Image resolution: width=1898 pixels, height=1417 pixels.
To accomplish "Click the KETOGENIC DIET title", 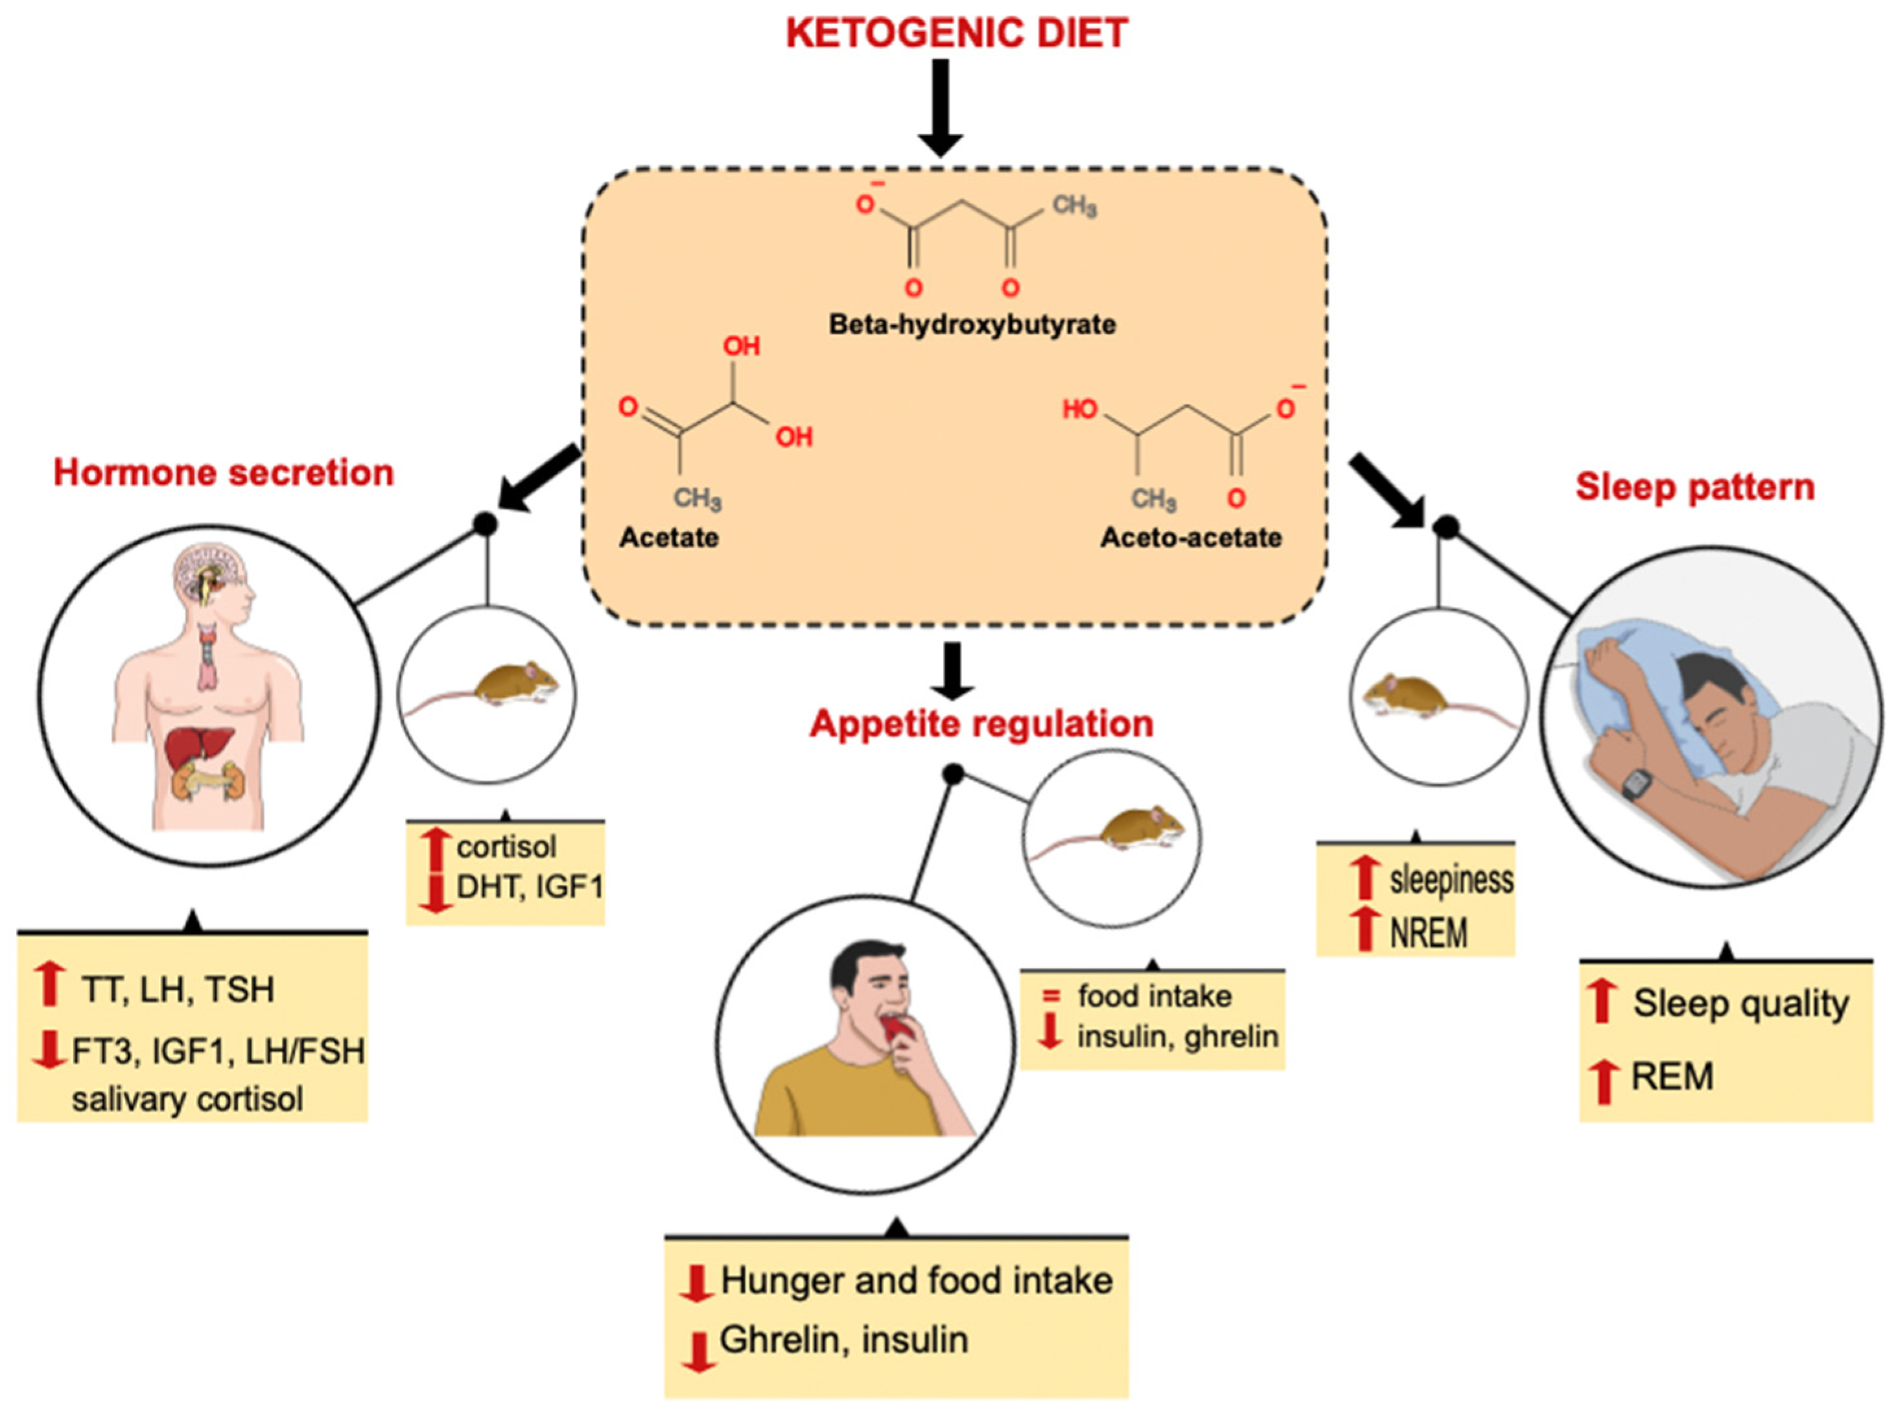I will pyautogui.click(x=955, y=34).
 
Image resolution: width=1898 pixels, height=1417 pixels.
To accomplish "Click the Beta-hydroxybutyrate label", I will pyautogui.click(x=971, y=324).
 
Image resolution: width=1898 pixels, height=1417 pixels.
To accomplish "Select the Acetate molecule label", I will pyautogui.click(x=669, y=538).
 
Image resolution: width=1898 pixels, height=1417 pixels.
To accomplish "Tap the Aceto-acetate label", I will pyautogui.click(x=1190, y=538).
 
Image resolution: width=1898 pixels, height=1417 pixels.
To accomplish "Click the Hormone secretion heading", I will pyautogui.click(x=223, y=473).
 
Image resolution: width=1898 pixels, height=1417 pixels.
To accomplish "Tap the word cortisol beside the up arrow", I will pyautogui.click(x=506, y=847).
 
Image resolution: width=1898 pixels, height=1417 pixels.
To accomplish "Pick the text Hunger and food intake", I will pyautogui.click(x=916, y=1282).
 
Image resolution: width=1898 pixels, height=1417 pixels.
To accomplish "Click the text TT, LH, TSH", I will pyautogui.click(x=178, y=990).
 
